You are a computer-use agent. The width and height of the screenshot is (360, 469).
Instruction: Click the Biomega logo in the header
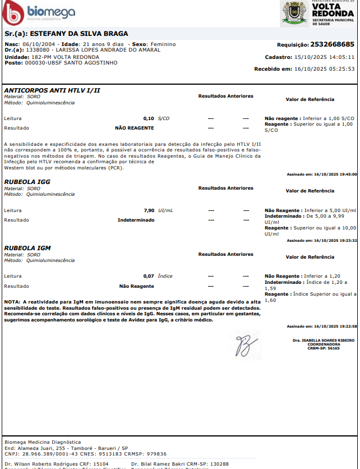(x=38, y=12)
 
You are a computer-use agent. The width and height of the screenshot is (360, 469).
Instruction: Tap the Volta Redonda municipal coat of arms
(x=294, y=12)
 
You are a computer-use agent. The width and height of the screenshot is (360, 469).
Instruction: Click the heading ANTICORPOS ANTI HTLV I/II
(x=52, y=90)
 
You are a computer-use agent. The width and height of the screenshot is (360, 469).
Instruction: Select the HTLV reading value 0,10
(x=149, y=119)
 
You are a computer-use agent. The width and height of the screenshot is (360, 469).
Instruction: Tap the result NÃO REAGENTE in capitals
(x=134, y=128)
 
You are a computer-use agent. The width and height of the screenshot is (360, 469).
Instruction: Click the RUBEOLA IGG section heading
(x=27, y=182)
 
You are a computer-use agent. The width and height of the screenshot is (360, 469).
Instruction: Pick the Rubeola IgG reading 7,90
(x=149, y=210)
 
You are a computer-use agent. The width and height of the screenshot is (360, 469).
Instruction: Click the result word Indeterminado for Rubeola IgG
(x=136, y=220)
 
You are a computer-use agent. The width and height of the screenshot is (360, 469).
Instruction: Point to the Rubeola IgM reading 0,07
(x=149, y=276)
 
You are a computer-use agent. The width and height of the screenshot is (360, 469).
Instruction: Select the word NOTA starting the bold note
(x=12, y=302)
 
